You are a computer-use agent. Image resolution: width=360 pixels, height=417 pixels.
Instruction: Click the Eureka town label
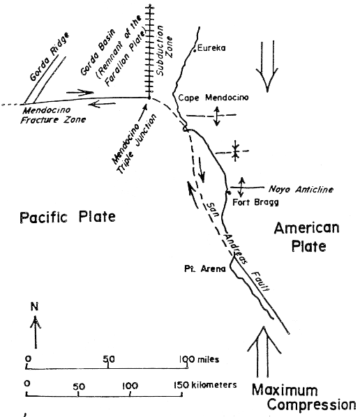coord(211,48)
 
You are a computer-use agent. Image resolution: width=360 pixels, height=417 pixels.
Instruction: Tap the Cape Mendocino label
coord(213,98)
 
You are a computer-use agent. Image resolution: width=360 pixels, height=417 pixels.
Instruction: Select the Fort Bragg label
coord(256,202)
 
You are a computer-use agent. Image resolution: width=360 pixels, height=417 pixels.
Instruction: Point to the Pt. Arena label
coord(205,269)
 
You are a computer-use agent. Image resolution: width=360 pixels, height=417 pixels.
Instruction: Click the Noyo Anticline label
coord(301,190)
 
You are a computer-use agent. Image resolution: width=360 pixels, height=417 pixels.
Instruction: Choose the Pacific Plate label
coord(68,217)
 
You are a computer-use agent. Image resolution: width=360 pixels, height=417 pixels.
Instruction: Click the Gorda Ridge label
coord(49,57)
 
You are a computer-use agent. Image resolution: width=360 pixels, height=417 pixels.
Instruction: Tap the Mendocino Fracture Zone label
coord(53,115)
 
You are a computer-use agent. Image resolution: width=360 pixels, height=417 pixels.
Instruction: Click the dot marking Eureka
coord(195,50)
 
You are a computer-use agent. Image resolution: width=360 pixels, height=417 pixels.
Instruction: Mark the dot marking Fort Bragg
coord(228,192)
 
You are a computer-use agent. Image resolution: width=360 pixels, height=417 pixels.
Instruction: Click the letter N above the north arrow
coord(35,307)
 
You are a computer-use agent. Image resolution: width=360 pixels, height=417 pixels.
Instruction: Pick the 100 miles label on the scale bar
coord(199,360)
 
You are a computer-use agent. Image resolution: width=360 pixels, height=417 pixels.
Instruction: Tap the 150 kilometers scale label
coord(205,385)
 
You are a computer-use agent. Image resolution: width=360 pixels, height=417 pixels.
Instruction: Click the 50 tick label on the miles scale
coord(109,359)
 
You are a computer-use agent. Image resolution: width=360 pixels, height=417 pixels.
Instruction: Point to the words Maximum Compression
coord(303,397)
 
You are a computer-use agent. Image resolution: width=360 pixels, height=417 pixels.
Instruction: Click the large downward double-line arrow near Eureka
coord(267,66)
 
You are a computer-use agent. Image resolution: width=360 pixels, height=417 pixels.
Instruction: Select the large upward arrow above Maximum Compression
coord(264,351)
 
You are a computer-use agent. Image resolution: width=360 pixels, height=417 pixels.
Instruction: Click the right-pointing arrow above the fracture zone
coord(80,93)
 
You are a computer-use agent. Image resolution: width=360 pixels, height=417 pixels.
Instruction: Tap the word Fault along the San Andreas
coord(260,281)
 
